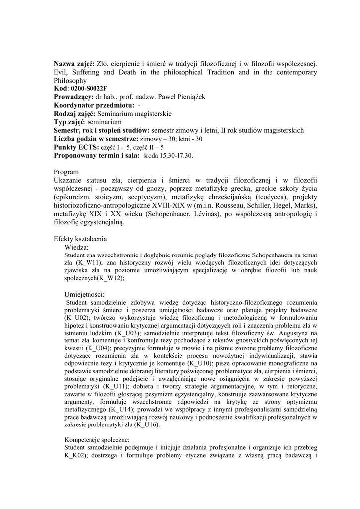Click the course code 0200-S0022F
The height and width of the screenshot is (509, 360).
coord(90,88)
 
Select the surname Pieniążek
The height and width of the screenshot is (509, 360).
coord(187,97)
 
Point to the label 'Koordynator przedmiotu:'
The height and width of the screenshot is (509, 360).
coord(93,105)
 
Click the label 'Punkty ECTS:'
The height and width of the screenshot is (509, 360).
coord(76,147)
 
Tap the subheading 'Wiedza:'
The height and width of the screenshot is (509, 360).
coord(77,247)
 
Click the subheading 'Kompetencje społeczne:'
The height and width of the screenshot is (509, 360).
coord(97,440)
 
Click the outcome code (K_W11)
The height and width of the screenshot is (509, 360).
coord(90,263)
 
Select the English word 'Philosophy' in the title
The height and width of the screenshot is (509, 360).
coord(70,80)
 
